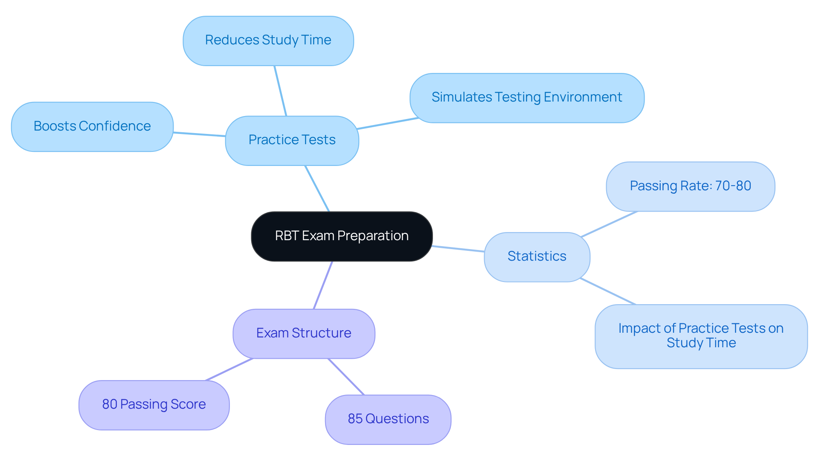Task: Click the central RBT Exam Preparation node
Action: point(342,236)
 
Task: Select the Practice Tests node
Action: point(292,140)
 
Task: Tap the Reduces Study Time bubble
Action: point(268,41)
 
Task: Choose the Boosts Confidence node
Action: point(92,126)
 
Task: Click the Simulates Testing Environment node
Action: point(527,98)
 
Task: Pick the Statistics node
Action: point(537,256)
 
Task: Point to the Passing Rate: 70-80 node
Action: point(690,186)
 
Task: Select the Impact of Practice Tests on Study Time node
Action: point(701,336)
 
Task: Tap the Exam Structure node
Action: point(304,333)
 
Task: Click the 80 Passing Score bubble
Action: point(154,404)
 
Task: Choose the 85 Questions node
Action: point(388,419)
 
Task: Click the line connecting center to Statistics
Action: point(458,249)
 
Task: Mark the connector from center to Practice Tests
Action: point(317,188)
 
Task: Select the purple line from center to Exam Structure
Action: point(323,285)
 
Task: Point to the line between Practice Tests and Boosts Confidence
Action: point(199,134)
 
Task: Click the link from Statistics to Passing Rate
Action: point(609,224)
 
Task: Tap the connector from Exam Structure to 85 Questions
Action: point(346,377)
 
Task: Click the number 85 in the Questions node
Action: point(355,419)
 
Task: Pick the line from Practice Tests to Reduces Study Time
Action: point(280,91)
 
